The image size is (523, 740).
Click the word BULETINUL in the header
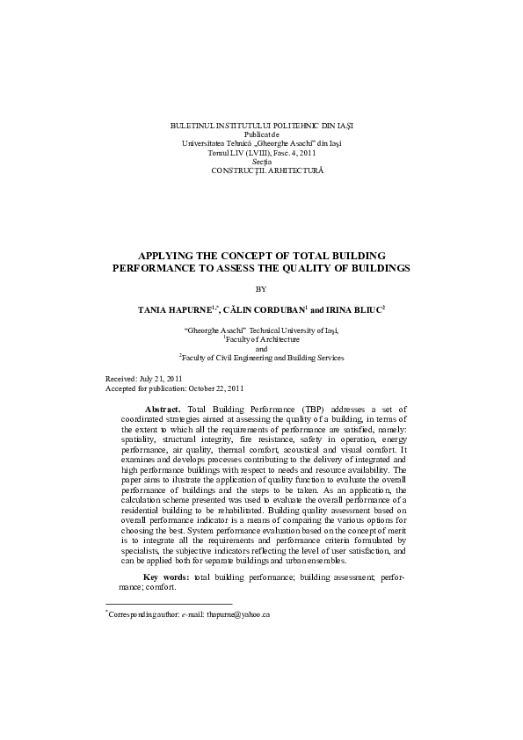190,127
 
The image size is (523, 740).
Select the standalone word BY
260,288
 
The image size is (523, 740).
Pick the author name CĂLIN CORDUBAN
262,310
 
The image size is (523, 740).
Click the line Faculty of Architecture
262,338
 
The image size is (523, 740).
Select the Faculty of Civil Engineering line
262,358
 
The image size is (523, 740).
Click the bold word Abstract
163,410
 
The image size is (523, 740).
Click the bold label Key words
165,577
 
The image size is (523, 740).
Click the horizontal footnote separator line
169,604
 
